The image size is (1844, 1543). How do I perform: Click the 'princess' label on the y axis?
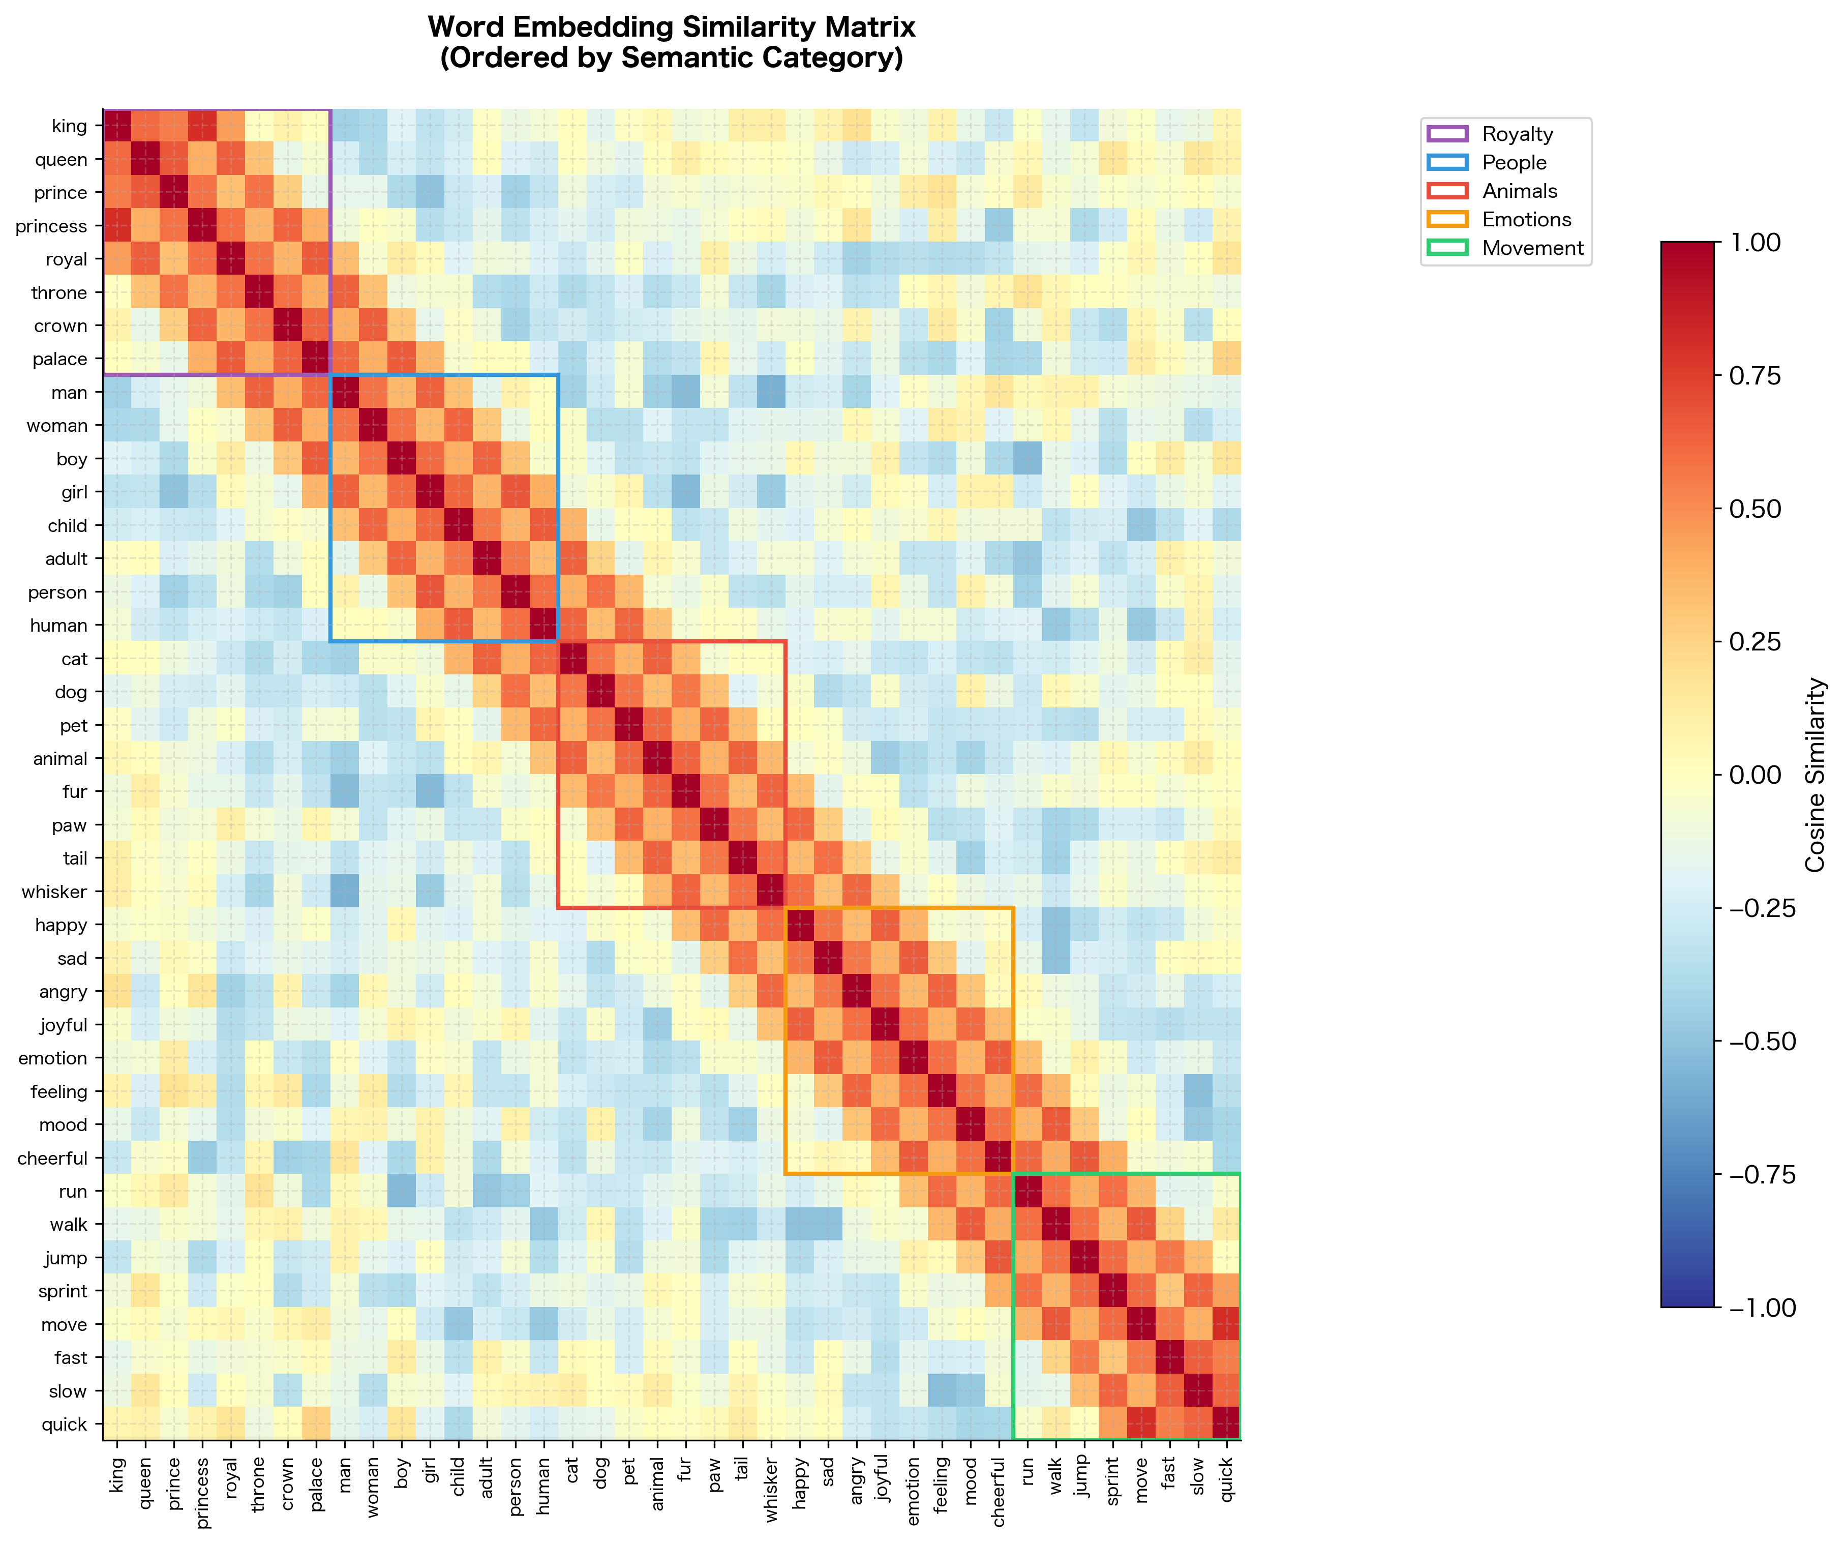51,227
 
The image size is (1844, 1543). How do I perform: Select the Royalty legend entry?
1517,134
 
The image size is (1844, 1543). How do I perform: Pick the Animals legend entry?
1519,191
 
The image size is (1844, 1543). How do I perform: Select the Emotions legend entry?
1526,220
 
